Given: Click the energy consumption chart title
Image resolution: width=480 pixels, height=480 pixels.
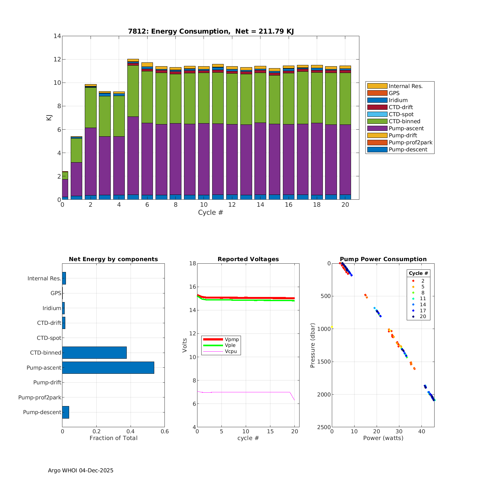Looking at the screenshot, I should [211, 31].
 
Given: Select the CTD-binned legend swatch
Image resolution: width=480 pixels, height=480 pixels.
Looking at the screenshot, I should [377, 121].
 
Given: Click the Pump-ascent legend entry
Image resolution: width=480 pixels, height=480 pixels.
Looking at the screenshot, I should [406, 128].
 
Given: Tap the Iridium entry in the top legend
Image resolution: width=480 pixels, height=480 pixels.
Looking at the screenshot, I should [398, 100].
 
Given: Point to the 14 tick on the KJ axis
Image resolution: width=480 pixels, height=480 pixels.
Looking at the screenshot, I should [57, 36].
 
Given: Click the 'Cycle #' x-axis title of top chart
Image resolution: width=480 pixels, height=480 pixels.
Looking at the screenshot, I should [210, 212].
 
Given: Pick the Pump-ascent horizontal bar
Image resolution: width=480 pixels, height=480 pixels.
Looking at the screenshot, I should [108, 368].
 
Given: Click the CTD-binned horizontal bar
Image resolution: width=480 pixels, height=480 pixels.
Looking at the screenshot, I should [94, 353].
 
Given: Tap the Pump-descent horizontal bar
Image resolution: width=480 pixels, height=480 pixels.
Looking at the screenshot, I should [66, 412].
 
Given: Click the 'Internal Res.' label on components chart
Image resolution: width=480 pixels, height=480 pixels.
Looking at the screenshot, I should [44, 278].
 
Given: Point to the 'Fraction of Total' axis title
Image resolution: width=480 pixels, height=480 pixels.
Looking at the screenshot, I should [113, 438].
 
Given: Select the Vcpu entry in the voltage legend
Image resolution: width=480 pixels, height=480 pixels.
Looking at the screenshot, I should [231, 351].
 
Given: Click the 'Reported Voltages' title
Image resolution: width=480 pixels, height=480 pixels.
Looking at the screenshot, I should [248, 259].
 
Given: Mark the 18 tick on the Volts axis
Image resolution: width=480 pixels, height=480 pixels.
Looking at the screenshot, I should [193, 263].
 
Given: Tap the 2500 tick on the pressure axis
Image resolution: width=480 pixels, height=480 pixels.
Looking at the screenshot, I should [324, 427].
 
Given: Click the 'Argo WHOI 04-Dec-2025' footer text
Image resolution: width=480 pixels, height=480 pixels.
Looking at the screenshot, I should [81, 470].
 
